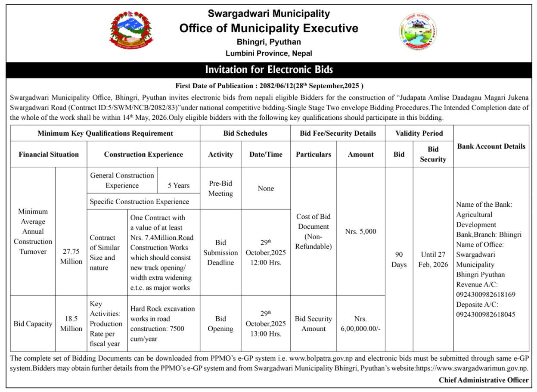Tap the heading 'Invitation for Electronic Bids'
(x=269, y=70)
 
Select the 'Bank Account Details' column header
(x=491, y=146)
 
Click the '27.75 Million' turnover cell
(x=71, y=257)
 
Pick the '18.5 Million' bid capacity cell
(x=71, y=324)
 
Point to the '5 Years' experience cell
(x=179, y=185)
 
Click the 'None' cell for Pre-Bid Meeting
(x=266, y=188)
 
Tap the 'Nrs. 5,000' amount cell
(x=360, y=231)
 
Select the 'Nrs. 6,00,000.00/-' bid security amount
(x=360, y=324)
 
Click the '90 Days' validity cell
(x=399, y=259)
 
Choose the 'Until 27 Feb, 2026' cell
(x=433, y=259)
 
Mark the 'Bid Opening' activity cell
(x=220, y=324)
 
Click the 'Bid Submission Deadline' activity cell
(x=220, y=252)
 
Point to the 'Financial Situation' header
(x=49, y=154)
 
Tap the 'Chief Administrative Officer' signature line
(x=484, y=380)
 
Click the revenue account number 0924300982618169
(x=485, y=295)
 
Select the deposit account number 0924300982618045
(x=485, y=314)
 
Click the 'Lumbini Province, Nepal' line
(x=269, y=53)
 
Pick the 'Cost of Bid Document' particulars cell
(x=314, y=231)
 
